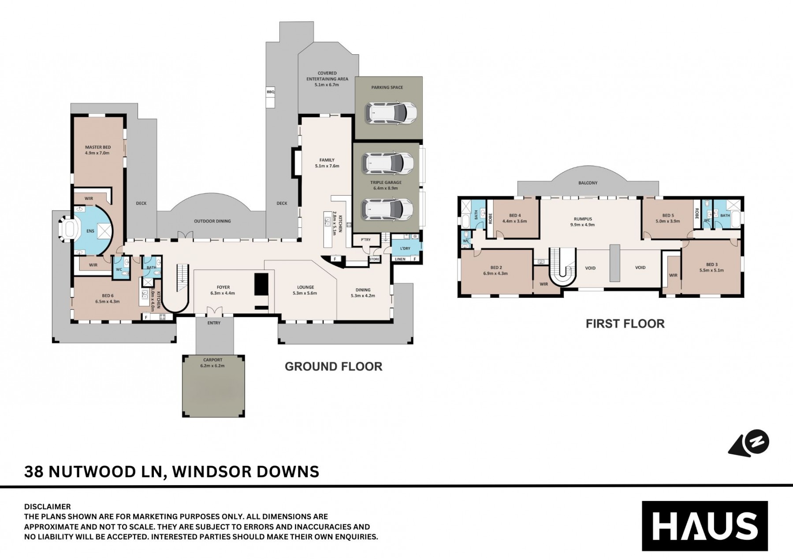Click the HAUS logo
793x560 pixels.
(x=704, y=526)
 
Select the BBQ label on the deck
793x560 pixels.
(x=270, y=92)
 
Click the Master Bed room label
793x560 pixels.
(x=97, y=150)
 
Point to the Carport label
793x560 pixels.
(x=213, y=363)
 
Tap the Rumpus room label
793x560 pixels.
(x=583, y=222)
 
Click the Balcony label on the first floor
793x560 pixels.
(x=588, y=183)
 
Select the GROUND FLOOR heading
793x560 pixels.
(x=333, y=367)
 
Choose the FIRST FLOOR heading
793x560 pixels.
(x=625, y=324)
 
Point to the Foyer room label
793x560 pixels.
(x=223, y=290)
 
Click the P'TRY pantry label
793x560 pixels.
(x=365, y=240)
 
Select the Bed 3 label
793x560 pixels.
(x=711, y=267)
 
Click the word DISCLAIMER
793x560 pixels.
(x=47, y=507)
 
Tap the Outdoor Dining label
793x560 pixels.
(x=212, y=221)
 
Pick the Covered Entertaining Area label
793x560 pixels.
(x=327, y=78)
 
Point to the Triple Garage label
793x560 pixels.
(x=386, y=185)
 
